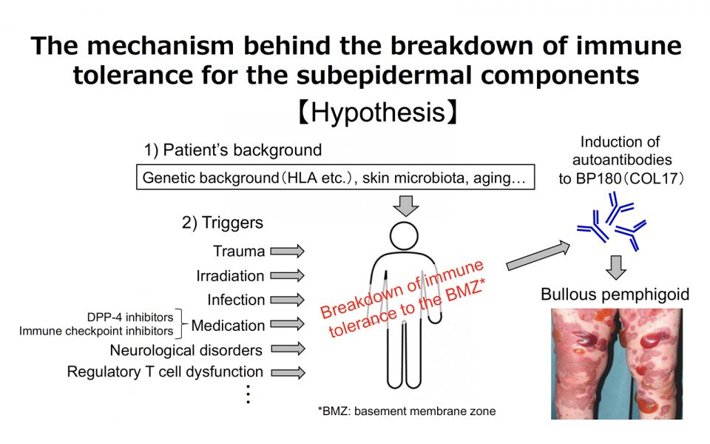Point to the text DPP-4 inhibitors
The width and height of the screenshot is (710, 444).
[132, 317]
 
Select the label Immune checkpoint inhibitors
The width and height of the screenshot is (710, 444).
[97, 331]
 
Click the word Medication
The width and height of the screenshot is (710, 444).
[228, 326]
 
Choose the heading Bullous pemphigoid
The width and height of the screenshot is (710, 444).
[615, 295]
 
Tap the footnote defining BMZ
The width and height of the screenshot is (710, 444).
[404, 411]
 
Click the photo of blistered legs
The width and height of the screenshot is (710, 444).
[617, 363]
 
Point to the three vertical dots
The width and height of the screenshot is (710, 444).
[248, 395]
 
